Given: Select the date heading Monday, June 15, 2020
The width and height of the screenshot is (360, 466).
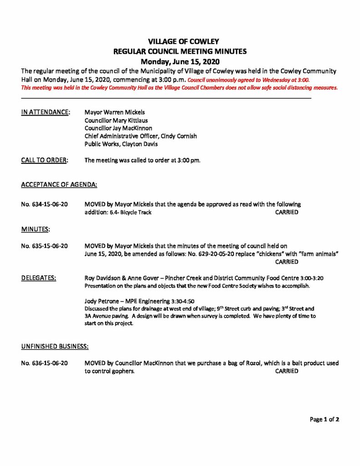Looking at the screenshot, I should (x=180, y=61).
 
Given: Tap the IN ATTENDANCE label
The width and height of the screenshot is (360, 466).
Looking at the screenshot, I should (x=46, y=112).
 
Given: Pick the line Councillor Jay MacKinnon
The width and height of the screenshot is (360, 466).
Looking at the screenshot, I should (x=118, y=128).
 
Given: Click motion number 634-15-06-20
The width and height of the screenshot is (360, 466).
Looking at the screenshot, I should (x=45, y=204).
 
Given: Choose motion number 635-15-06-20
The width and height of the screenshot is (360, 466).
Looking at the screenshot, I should (x=45, y=246).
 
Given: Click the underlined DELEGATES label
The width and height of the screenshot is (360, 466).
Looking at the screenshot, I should (x=39, y=278).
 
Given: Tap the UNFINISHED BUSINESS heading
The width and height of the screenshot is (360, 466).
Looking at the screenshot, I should (x=55, y=346).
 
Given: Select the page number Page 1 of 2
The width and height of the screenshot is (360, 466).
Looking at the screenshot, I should (x=325, y=419).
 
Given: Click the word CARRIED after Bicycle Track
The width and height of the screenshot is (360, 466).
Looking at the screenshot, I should (x=287, y=213).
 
